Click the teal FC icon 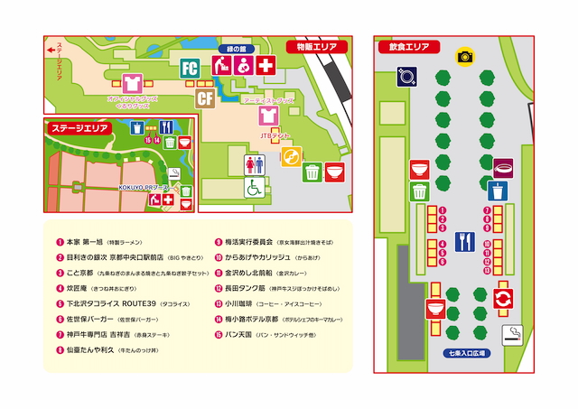click(190, 68)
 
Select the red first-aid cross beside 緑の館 click(265, 66)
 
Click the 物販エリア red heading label click(312, 46)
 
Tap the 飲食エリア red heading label click(407, 45)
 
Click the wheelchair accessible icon click(256, 187)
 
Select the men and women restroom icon click(256, 163)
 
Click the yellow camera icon click(465, 56)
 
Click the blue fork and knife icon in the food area click(466, 241)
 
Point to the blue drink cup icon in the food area click(496, 191)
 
